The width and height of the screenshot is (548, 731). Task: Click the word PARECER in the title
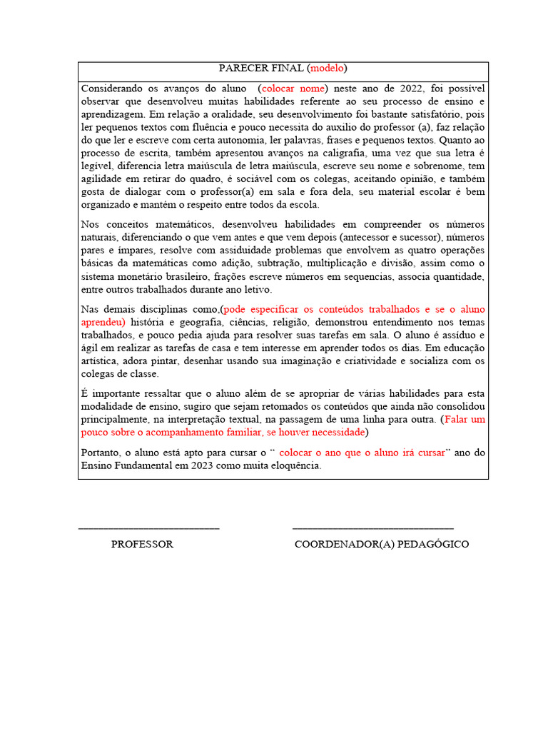click(240, 69)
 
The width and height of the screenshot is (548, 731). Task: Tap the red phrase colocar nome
click(293, 89)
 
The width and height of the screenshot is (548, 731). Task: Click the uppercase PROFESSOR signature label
click(142, 544)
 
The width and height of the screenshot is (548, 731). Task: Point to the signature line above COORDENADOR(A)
click(372, 528)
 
